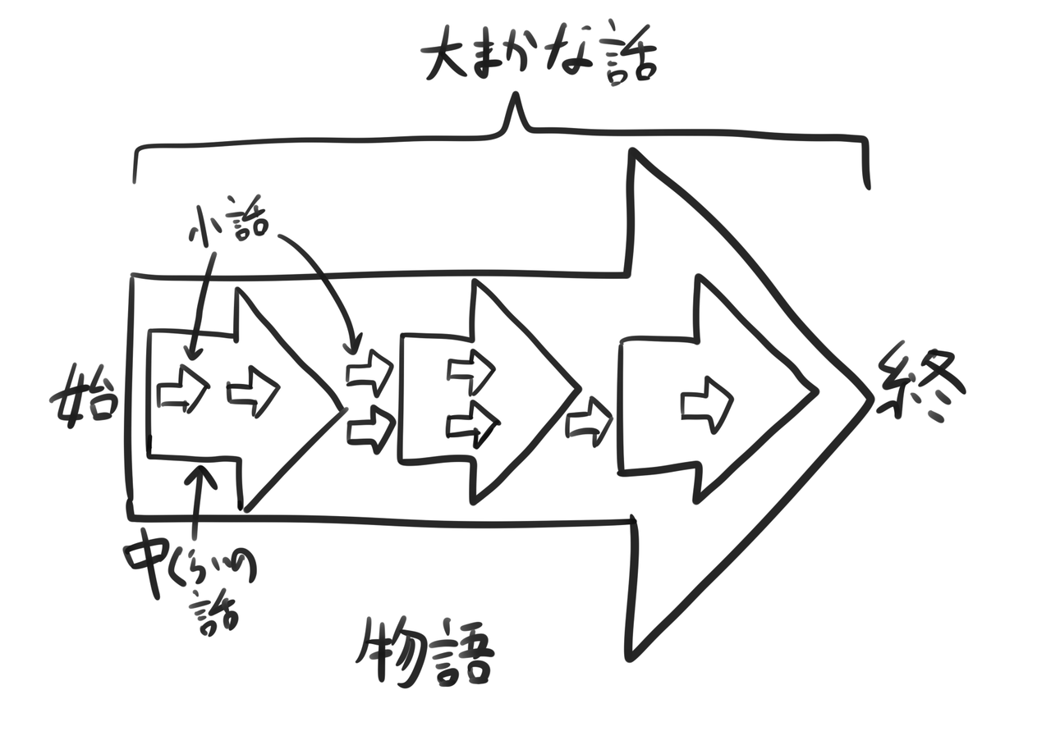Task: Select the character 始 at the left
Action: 85,394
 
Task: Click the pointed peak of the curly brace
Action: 517,97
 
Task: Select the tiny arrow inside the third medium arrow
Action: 707,404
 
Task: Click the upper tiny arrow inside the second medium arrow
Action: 471,372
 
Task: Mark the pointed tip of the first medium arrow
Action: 342,409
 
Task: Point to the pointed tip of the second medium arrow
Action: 579,388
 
